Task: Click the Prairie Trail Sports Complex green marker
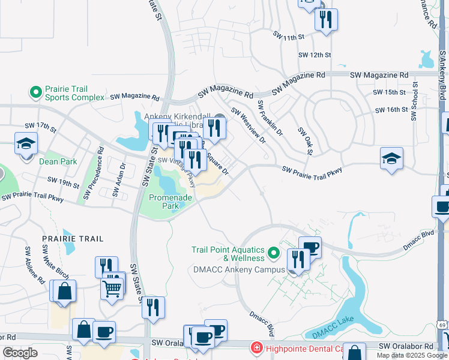[35, 92]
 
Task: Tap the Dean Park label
[58, 161]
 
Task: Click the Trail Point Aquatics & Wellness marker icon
[274, 253]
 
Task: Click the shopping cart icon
[112, 288]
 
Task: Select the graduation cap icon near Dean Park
[26, 144]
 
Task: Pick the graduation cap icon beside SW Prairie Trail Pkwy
[391, 158]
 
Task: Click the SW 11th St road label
[289, 38]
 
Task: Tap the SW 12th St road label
[315, 55]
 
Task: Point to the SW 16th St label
[391, 110]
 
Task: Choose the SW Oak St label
[305, 140]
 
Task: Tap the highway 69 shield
[442, 341]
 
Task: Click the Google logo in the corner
[20, 353]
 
